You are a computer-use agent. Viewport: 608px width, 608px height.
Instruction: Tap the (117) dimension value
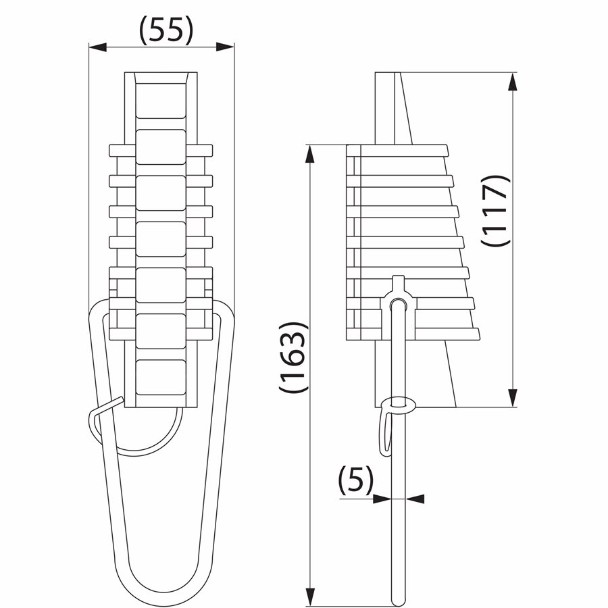tap(495, 210)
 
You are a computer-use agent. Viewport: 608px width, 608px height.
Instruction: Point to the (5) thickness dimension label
tap(356, 479)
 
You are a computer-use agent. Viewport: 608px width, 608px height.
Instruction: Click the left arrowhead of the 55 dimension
tap(98, 47)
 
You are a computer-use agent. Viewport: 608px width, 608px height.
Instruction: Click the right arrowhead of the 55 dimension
tap(225, 47)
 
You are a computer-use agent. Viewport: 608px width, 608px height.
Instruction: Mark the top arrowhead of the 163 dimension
tap(309, 154)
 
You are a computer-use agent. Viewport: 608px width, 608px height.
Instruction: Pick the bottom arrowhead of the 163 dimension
tap(309, 596)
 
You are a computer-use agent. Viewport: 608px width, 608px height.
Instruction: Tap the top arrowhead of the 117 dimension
tap(513, 82)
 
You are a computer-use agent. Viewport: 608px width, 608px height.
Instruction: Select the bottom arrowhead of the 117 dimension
tap(513, 398)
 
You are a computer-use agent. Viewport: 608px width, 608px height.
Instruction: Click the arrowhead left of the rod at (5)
tap(382, 499)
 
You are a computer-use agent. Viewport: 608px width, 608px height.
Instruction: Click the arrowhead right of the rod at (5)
tap(415, 499)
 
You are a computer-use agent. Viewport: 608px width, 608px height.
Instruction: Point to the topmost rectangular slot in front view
tap(161, 101)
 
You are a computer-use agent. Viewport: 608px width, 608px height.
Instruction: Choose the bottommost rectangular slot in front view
tap(161, 377)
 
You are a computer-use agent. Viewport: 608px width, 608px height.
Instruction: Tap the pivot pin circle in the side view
tap(397, 303)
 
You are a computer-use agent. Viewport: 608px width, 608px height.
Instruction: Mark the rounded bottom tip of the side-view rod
tap(398, 601)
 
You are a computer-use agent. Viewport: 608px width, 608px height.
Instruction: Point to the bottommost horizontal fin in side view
tap(413, 334)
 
